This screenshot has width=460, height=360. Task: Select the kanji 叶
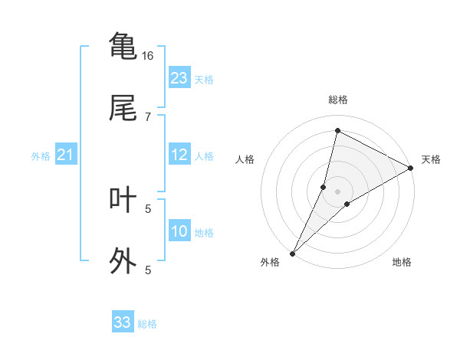click(123, 198)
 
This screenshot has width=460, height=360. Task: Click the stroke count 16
click(147, 55)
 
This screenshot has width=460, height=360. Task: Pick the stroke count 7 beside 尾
click(148, 116)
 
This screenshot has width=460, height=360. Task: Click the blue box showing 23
click(179, 78)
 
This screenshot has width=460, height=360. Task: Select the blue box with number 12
click(179, 155)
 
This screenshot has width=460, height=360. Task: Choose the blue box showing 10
click(179, 231)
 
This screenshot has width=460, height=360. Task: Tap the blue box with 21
click(66, 155)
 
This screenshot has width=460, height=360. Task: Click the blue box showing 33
click(123, 322)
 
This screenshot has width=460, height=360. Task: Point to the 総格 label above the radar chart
click(338, 100)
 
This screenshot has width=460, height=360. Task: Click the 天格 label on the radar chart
click(431, 159)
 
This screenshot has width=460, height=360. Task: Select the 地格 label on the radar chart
click(402, 262)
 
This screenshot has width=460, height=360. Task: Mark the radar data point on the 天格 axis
click(411, 168)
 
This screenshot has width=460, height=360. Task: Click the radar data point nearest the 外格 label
click(292, 253)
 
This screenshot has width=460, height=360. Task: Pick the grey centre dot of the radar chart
click(338, 191)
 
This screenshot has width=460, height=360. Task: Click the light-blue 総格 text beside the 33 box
click(147, 324)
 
